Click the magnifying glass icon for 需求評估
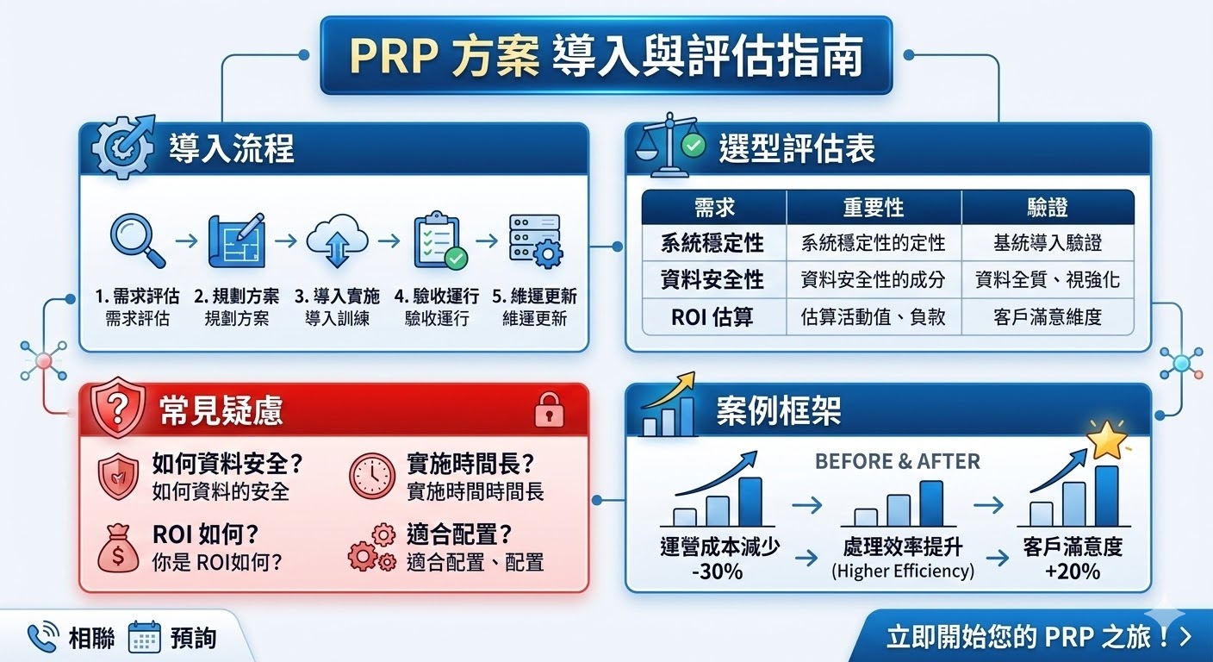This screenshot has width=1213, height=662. (138, 240)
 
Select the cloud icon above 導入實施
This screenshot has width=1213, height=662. (337, 241)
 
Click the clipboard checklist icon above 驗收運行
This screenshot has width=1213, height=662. (439, 240)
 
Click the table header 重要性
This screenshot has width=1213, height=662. (874, 208)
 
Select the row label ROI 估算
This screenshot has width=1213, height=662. (712, 316)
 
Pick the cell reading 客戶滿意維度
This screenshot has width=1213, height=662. (1047, 316)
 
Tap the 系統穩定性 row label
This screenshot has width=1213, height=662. (712, 243)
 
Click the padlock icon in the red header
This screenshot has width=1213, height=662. (549, 409)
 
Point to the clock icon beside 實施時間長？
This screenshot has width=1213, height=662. (371, 476)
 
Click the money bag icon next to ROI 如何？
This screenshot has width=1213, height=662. (118, 548)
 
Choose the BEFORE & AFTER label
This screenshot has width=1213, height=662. (897, 461)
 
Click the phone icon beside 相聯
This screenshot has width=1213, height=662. (42, 637)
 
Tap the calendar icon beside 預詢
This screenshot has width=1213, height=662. (144, 638)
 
